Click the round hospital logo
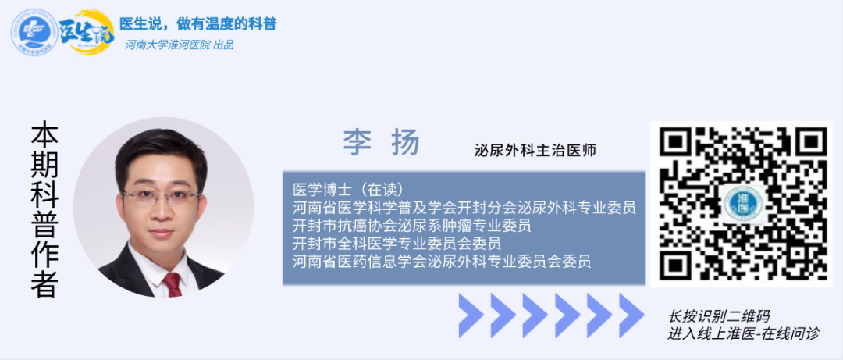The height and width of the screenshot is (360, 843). tap(35, 32)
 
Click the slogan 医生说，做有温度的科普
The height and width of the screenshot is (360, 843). tap(197, 23)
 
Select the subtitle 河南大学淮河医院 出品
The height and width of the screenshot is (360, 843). tap(179, 45)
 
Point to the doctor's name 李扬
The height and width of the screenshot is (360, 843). tap(382, 143)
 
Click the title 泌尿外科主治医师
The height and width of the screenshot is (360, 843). tap(535, 150)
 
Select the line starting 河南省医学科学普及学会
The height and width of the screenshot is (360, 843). tap(464, 207)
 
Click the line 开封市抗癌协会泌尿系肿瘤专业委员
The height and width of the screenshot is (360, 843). tap(412, 226)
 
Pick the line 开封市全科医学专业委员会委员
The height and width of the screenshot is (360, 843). tap(397, 243)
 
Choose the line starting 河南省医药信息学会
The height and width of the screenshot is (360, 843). tap(442, 262)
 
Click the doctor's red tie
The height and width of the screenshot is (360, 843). tap(173, 284)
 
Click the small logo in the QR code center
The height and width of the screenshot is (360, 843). tap(742, 205)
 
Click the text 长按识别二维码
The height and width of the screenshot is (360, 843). tap(719, 316)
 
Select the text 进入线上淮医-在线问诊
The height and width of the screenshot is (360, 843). tap(744, 333)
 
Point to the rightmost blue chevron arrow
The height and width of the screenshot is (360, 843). tap(631, 315)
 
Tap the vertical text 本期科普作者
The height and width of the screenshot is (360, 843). tap(44, 210)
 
